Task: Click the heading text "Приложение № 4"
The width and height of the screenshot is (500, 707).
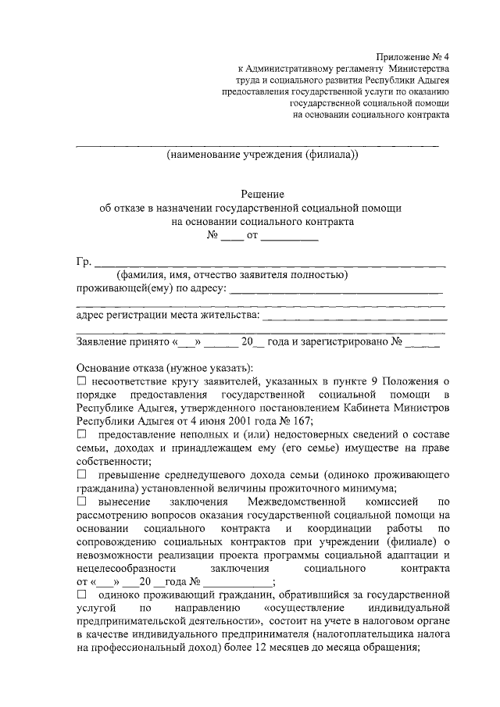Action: tap(412, 58)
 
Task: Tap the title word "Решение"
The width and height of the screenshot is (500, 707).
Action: tap(262, 194)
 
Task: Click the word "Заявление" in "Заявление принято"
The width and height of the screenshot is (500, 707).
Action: tap(104, 341)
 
